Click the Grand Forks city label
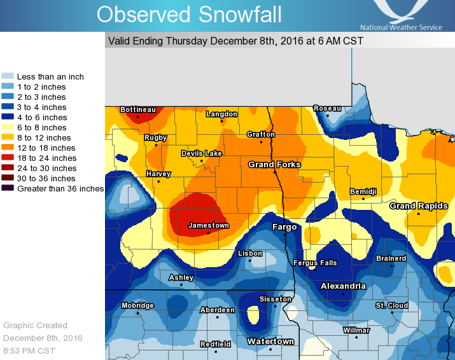coord(274,165)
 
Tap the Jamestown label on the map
coord(209,226)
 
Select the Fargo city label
coord(284,227)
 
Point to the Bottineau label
coord(138,110)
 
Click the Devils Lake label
coord(201,154)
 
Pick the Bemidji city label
coord(363,191)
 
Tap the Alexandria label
coord(343,286)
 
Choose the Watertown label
coord(270,342)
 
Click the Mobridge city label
coord(137,306)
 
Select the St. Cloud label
coord(391,306)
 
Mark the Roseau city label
coord(327,109)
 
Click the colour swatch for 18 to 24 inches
coord(8,158)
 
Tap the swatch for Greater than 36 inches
coord(8,189)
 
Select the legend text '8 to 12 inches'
coord(44,138)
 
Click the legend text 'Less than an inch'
coord(50,77)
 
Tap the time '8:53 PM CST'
coord(29,350)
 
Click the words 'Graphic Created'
coord(36,325)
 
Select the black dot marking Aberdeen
coord(217,317)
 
